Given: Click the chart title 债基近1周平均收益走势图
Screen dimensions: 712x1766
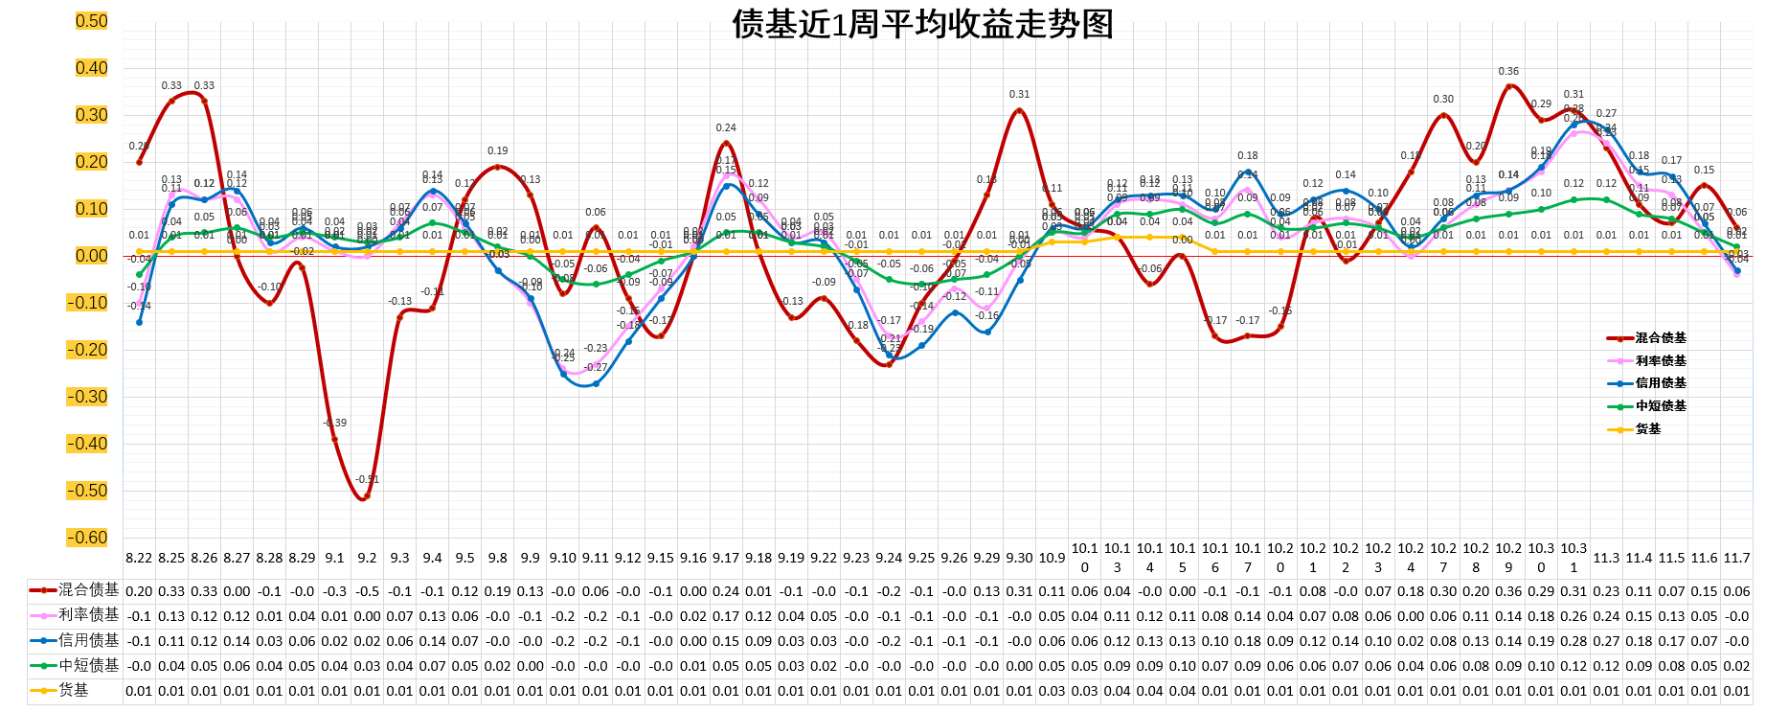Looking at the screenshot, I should click(922, 24).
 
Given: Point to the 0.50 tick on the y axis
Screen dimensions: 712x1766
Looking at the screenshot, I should click(92, 21).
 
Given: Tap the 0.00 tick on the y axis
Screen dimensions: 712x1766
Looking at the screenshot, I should click(92, 256).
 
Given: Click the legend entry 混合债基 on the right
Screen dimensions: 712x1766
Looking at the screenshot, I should click(1660, 338).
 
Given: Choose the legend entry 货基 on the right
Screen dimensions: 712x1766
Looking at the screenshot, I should click(1647, 429).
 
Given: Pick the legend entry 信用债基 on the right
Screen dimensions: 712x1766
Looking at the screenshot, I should click(1660, 383).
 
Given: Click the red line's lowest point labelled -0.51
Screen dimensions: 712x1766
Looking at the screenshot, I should click(364, 497).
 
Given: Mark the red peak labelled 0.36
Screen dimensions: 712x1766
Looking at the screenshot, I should click(1508, 86).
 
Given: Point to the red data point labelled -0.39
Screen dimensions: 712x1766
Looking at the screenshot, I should click(334, 439).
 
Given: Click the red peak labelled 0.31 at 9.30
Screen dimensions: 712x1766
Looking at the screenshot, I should click(1019, 110).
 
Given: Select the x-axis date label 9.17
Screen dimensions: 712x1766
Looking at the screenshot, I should click(726, 558).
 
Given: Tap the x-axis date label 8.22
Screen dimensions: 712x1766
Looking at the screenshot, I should click(139, 558).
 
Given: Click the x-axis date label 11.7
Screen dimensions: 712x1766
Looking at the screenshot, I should click(1736, 558).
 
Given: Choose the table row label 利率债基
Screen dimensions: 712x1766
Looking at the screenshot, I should click(88, 615).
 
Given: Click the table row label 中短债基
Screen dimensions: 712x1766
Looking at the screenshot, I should click(88, 665).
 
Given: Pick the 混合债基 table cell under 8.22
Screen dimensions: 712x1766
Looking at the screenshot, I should click(139, 591).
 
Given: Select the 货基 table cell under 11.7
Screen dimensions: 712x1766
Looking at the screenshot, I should click(1736, 691).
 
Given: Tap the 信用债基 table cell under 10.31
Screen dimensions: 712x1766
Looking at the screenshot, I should click(1574, 641).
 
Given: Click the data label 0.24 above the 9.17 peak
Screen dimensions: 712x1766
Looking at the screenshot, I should click(726, 127).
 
